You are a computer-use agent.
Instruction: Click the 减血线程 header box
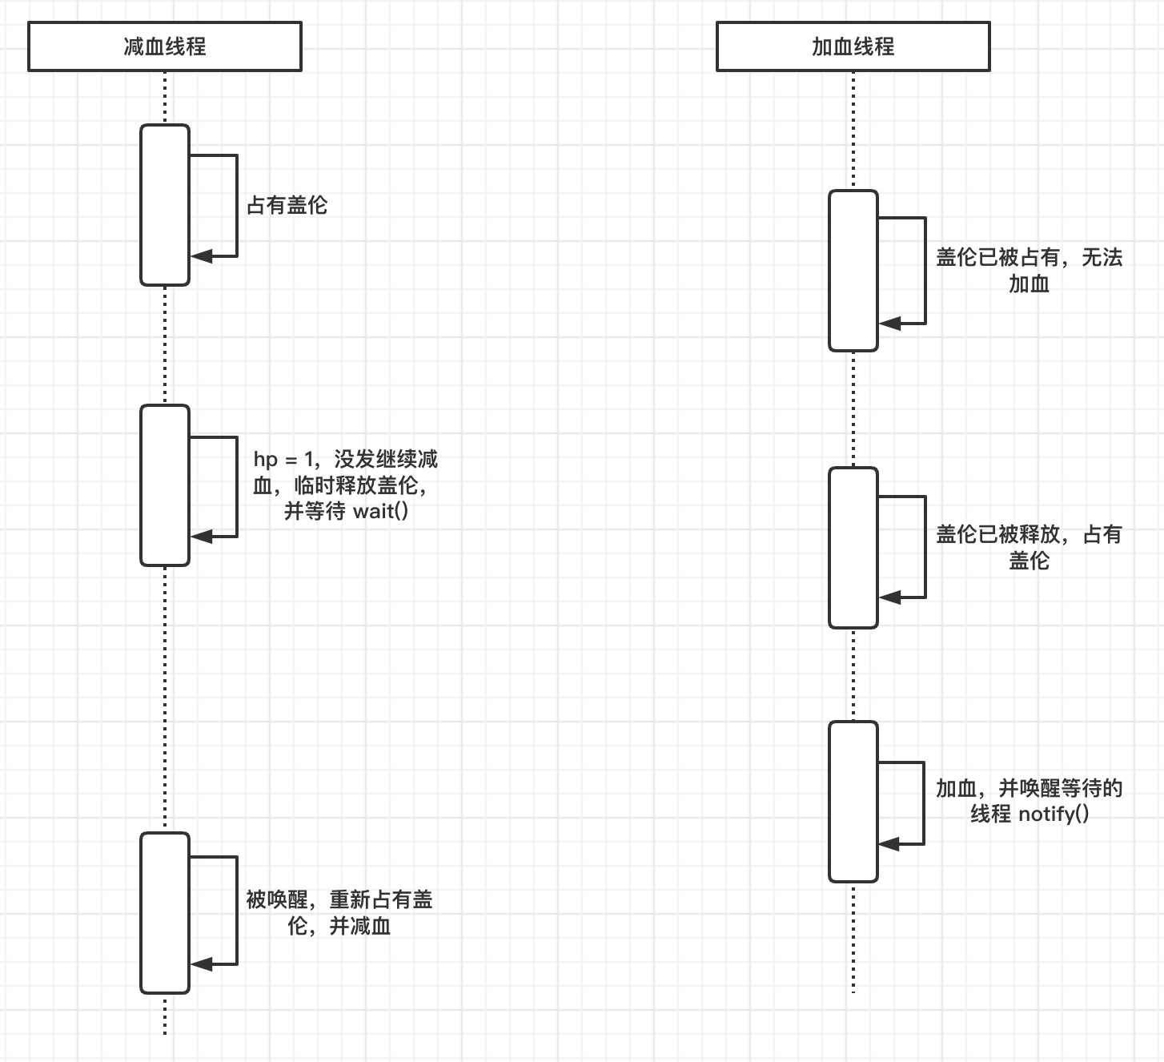[x=164, y=46]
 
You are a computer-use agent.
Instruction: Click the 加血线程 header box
[x=853, y=46]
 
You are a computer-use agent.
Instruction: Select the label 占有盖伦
[x=287, y=205]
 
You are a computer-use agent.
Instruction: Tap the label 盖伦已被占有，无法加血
[x=1029, y=270]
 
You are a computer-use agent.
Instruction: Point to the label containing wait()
[x=346, y=485]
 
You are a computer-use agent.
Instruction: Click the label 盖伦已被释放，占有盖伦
[x=1029, y=547]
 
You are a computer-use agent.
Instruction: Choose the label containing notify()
[x=1029, y=801]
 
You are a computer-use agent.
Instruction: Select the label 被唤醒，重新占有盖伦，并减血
[x=339, y=912]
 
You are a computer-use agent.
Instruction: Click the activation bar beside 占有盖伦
[x=165, y=205]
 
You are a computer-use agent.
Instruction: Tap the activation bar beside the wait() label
[x=165, y=485]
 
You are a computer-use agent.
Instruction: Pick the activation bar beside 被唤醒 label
[x=165, y=913]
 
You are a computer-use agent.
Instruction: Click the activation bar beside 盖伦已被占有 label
[x=853, y=271]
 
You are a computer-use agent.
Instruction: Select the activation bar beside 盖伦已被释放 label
[x=853, y=548]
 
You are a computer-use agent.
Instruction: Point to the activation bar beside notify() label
[x=853, y=802]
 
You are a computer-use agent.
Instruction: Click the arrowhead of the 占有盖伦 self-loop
[x=200, y=256]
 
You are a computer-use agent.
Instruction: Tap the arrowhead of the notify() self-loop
[x=889, y=844]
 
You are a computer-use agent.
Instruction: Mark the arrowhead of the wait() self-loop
[x=200, y=537]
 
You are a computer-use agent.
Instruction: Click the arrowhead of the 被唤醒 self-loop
[x=200, y=964]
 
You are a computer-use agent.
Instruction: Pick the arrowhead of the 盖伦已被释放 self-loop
[x=889, y=597]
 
